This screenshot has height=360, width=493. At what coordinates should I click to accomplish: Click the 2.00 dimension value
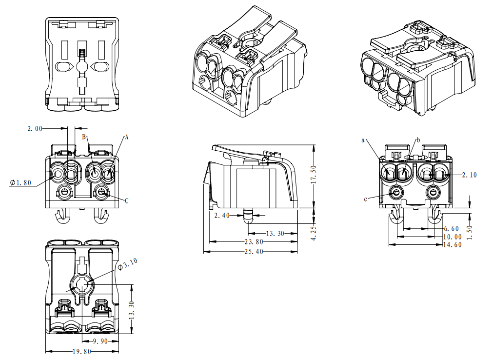click(35, 128)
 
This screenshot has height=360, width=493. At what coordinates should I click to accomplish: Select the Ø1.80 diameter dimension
click(20, 182)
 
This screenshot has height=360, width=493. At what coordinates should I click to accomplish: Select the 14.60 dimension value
click(452, 244)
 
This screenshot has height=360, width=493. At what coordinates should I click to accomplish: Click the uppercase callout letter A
click(126, 138)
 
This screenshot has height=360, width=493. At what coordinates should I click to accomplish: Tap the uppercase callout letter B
click(84, 137)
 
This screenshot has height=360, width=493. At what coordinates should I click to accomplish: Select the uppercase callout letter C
click(127, 200)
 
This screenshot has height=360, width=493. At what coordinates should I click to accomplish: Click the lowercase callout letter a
click(363, 140)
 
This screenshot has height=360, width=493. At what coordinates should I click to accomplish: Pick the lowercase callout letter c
click(365, 199)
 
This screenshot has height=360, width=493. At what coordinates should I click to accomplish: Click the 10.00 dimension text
click(452, 237)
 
